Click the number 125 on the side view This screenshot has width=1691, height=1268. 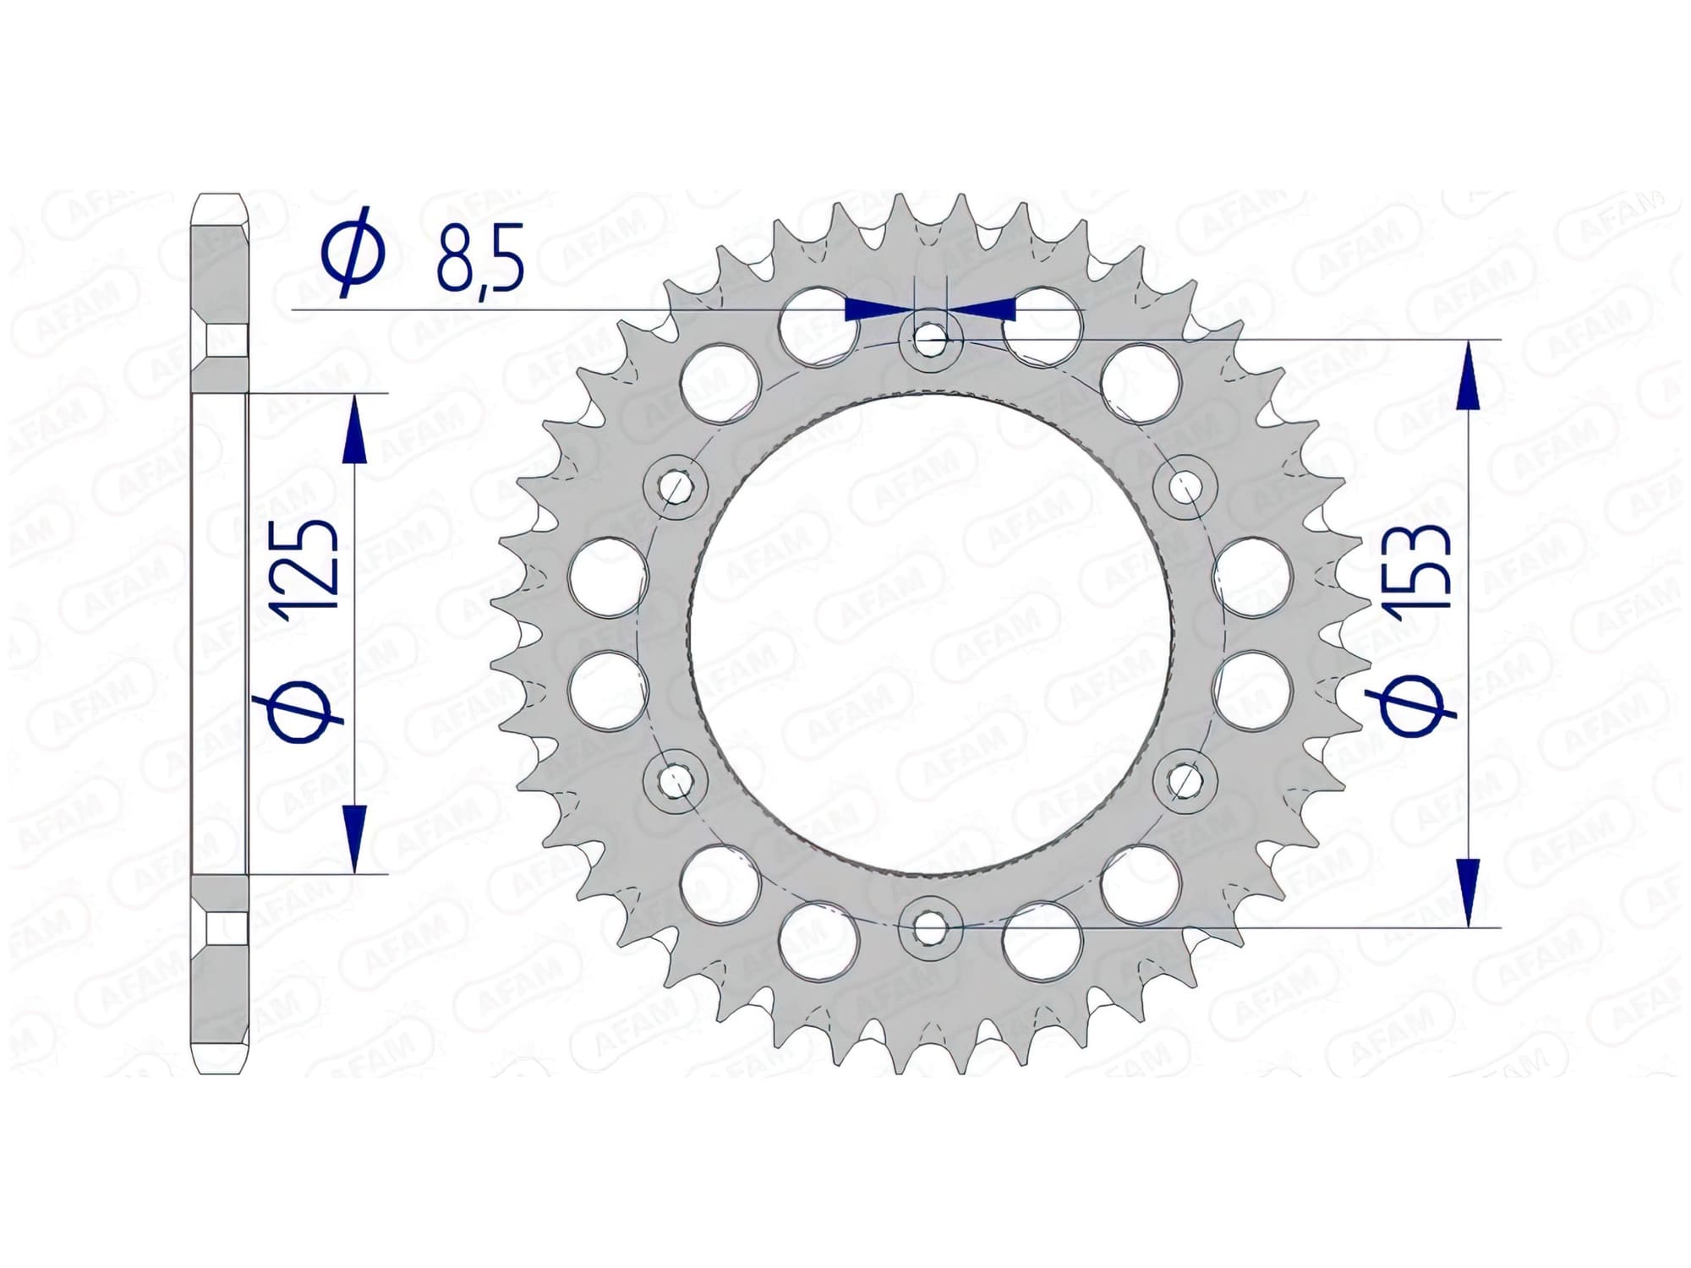click(311, 565)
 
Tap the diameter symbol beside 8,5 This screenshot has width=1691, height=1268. click(353, 251)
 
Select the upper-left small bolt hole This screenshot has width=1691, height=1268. click(675, 487)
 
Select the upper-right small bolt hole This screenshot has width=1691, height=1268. click(1185, 487)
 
